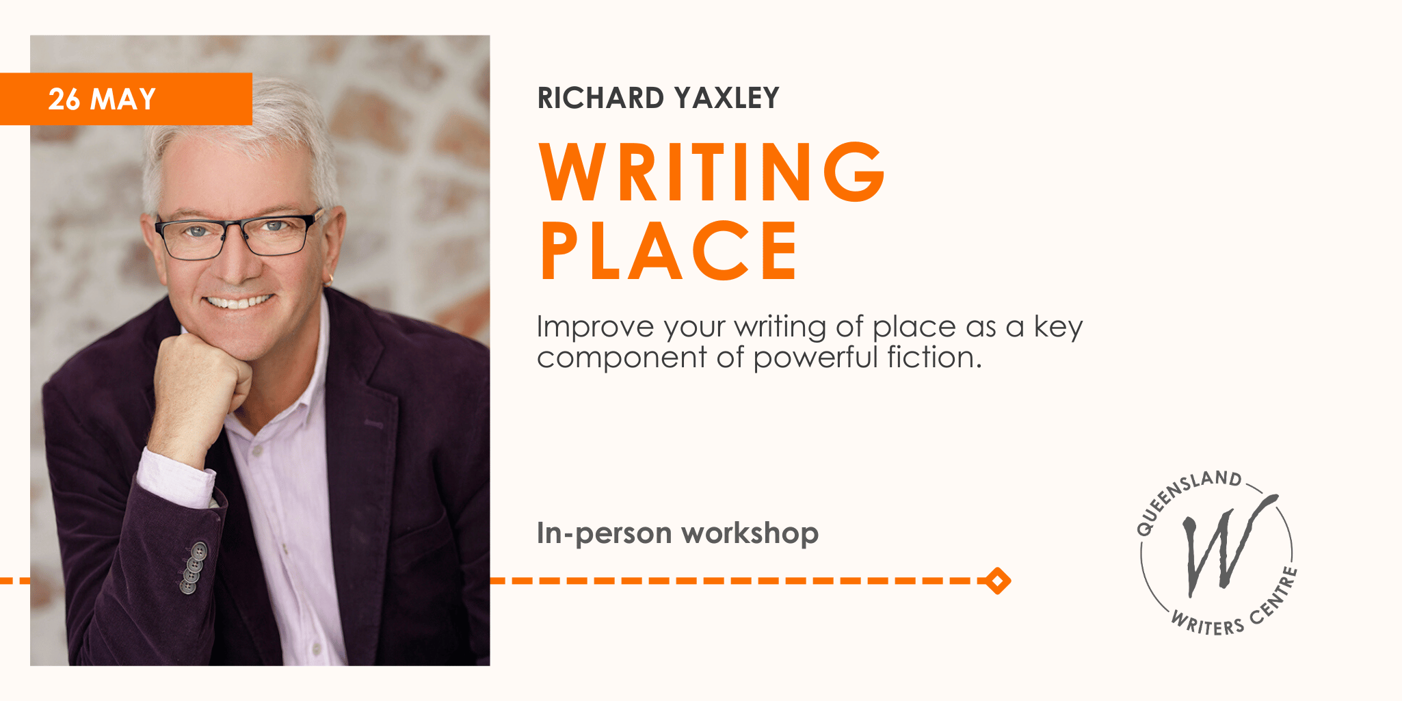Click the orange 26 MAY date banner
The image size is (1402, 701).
[126, 99]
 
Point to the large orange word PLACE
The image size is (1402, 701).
[669, 251]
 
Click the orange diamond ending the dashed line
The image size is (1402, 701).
[998, 581]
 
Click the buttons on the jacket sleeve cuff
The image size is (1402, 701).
[194, 567]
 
